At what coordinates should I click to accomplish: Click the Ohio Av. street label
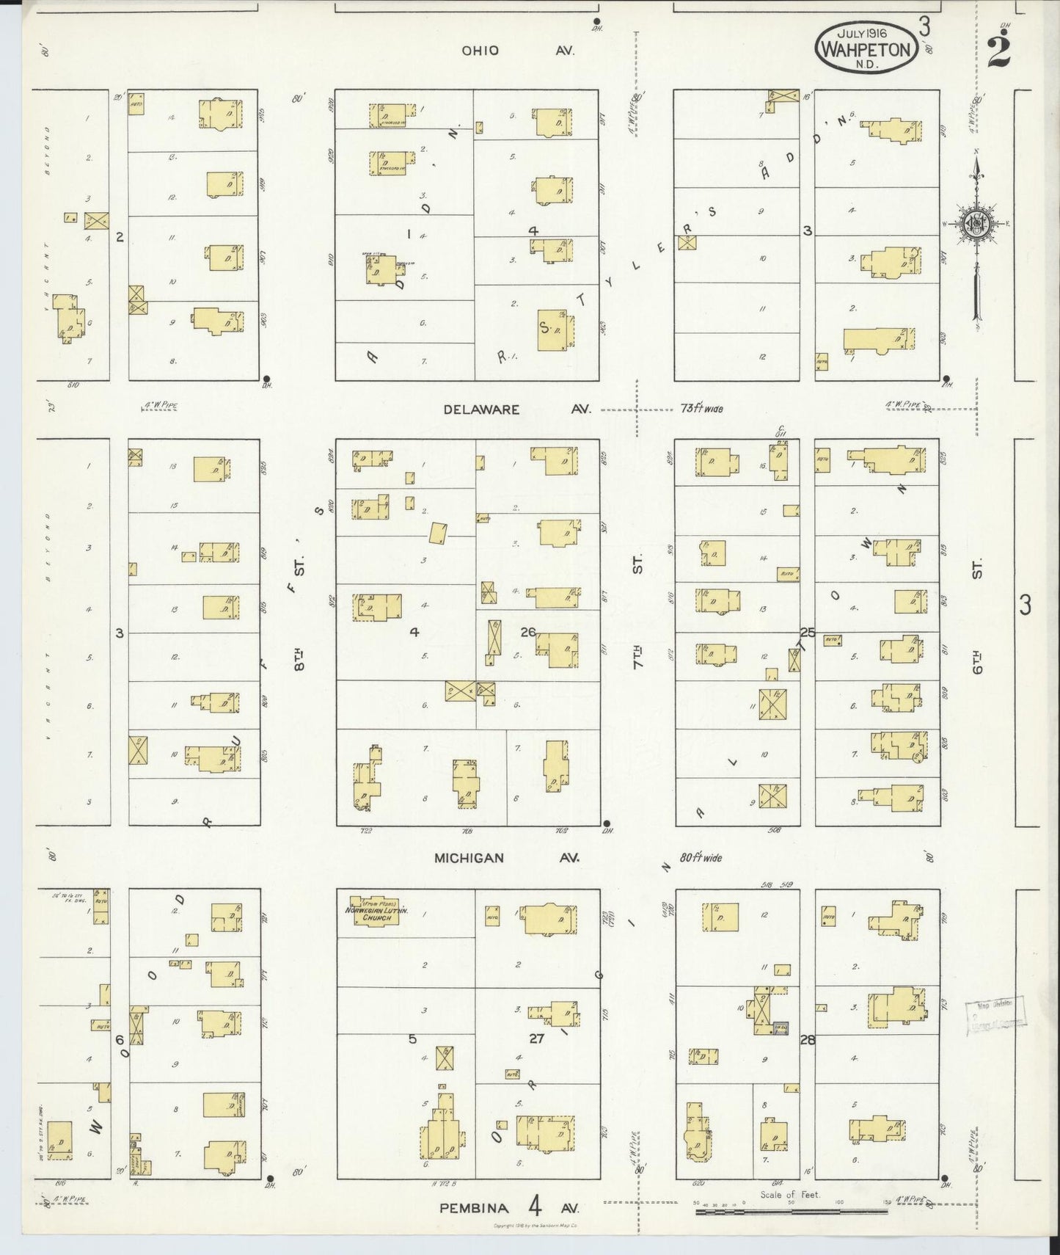point(518,51)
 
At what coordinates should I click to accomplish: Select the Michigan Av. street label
point(506,857)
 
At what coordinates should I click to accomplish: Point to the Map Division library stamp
point(996,1014)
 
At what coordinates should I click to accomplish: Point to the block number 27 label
point(536,1038)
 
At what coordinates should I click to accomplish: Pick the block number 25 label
point(808,632)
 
